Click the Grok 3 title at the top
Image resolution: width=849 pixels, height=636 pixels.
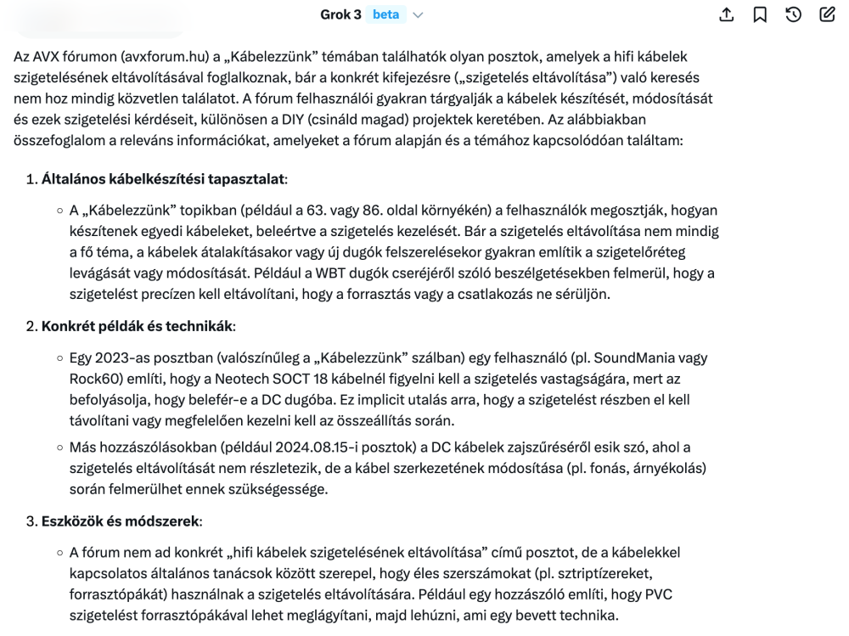pyautogui.click(x=340, y=14)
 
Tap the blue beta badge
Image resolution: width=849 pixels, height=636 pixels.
pyautogui.click(x=386, y=14)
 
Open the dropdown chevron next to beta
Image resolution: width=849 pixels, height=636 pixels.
pyautogui.click(x=418, y=15)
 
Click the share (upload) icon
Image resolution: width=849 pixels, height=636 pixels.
pyautogui.click(x=726, y=14)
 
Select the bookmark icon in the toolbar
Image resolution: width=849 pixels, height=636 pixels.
pyautogui.click(x=760, y=14)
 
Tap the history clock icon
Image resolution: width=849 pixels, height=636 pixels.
pyautogui.click(x=794, y=14)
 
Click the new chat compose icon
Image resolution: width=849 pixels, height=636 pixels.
pyautogui.click(x=827, y=14)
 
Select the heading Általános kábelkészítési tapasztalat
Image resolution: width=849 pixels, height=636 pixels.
pyautogui.click(x=164, y=179)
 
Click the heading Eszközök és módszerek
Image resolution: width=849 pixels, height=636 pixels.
pyautogui.click(x=120, y=521)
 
